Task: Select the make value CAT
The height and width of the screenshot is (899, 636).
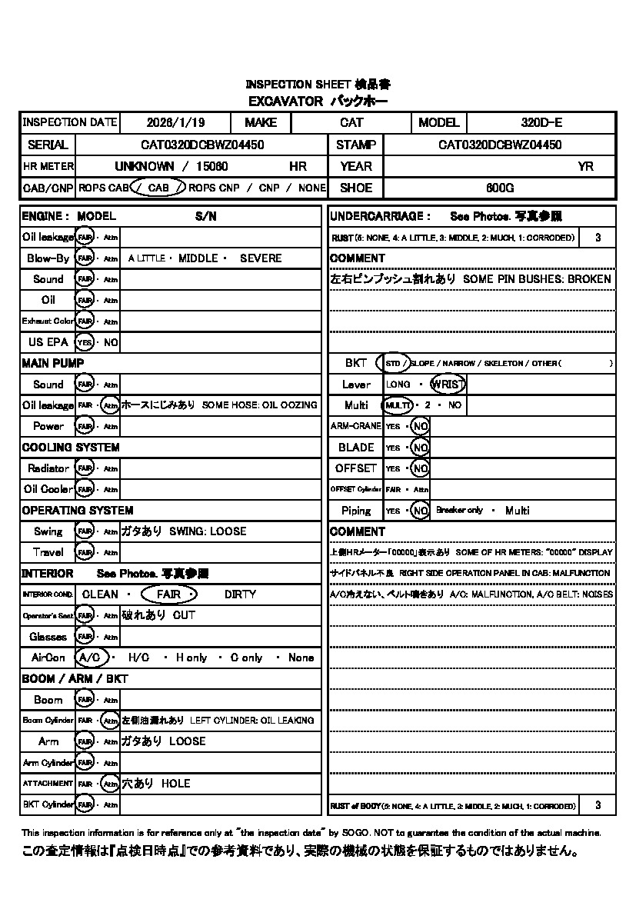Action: coord(351,122)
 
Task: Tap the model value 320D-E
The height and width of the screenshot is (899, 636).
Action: coord(541,122)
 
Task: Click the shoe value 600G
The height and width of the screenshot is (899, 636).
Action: coord(500,188)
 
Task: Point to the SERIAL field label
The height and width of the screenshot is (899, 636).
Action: coord(48,145)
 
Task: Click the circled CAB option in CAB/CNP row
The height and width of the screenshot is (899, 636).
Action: coord(158,188)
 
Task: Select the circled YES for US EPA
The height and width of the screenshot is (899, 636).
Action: coord(85,342)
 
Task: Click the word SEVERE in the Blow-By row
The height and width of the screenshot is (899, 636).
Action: coord(261,258)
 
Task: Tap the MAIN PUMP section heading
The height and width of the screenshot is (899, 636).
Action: coord(53,363)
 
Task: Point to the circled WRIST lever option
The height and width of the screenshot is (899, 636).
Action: coord(448,385)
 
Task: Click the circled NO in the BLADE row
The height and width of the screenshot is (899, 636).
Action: coord(420,448)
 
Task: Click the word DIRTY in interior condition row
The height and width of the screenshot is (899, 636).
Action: coord(241,594)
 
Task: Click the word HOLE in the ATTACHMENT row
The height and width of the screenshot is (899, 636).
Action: coord(175,784)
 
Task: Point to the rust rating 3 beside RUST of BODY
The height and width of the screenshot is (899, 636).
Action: coord(598,805)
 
